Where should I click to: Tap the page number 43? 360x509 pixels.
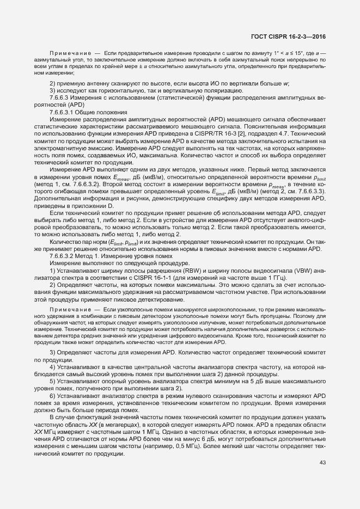[x=322, y=463]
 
